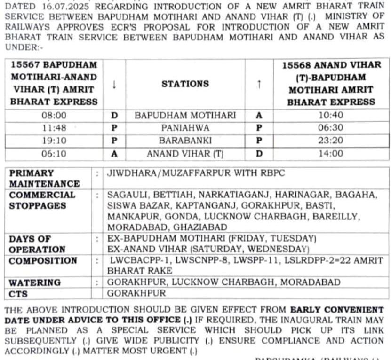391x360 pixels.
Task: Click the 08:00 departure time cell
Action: click(x=55, y=115)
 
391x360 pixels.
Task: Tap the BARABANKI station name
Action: click(x=185, y=141)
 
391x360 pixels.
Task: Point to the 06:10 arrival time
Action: click(x=55, y=153)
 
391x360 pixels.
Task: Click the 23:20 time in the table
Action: click(x=331, y=141)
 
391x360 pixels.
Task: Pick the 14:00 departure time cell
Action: click(x=331, y=153)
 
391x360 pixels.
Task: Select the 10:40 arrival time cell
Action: click(x=331, y=115)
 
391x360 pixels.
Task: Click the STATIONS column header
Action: click(x=185, y=84)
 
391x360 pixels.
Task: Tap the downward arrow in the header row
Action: click(x=114, y=85)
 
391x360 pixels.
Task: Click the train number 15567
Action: click(x=26, y=65)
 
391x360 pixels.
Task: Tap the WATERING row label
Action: click(x=35, y=282)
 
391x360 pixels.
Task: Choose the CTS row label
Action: click(x=19, y=294)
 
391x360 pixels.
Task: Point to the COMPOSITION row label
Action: click(x=43, y=261)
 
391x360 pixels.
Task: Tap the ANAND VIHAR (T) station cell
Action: click(x=185, y=153)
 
